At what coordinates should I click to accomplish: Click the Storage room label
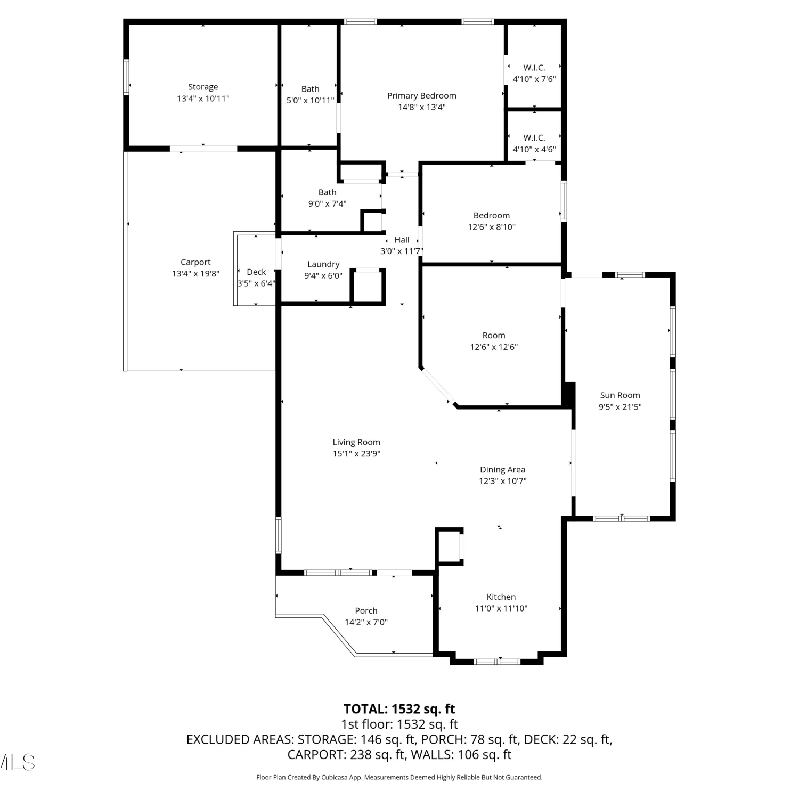(203, 87)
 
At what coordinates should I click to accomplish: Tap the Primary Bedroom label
(421, 96)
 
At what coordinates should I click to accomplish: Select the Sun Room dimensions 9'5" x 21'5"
(620, 407)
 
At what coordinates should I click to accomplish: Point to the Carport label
(195, 262)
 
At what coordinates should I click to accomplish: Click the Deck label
(256, 272)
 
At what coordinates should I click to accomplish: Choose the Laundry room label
(323, 264)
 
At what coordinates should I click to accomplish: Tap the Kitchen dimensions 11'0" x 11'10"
(501, 608)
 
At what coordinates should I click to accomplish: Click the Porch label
(366, 610)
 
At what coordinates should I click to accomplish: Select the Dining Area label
(502, 469)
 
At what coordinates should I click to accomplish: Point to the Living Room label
(356, 442)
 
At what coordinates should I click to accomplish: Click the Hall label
(402, 240)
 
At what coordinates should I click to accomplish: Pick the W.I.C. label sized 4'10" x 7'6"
(534, 68)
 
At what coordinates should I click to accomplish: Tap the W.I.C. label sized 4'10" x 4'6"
(534, 137)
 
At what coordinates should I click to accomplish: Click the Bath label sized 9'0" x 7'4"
(328, 192)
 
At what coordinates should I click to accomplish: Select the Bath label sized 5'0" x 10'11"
(311, 89)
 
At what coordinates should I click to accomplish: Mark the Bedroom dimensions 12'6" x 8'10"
(492, 227)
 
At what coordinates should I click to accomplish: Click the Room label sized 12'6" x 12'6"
(494, 336)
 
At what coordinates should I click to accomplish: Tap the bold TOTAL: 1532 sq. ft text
(399, 709)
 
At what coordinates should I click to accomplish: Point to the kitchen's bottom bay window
(497, 662)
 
